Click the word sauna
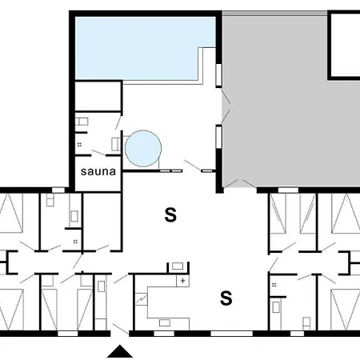(98, 171)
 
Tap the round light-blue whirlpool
(143, 149)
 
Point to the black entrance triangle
(120, 351)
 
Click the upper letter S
(170, 215)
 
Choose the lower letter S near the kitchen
(226, 298)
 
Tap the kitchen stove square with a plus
(182, 281)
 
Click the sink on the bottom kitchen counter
(165, 323)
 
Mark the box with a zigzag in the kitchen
(141, 299)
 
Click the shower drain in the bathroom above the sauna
(79, 145)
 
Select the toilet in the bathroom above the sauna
(82, 122)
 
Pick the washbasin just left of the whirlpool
(116, 144)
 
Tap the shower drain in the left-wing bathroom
(75, 242)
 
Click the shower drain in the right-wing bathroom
(274, 285)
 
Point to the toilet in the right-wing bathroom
(306, 323)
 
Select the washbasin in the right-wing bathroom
(276, 307)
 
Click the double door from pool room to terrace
(226, 106)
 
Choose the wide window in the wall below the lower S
(231, 334)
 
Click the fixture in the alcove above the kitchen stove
(178, 266)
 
